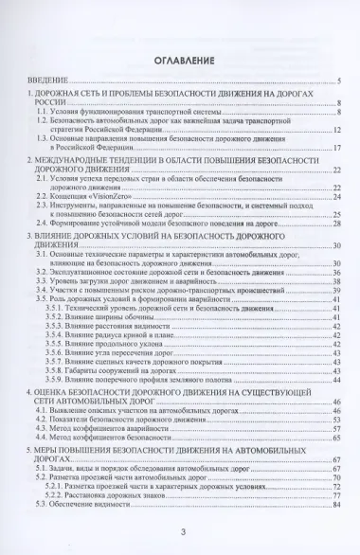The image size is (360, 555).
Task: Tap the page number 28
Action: tap(336, 224)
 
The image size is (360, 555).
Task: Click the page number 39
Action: tap(336, 289)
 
